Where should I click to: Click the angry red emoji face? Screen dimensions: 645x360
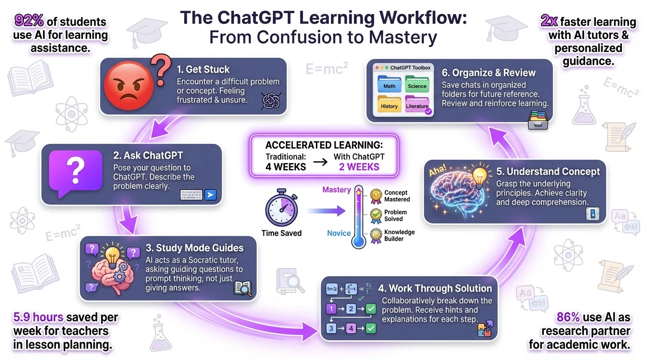click(128, 85)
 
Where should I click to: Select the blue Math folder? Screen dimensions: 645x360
click(390, 84)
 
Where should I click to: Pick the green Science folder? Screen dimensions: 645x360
click(417, 84)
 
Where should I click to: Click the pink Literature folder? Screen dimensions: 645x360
click(417, 104)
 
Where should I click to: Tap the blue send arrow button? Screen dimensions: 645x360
click(210, 195)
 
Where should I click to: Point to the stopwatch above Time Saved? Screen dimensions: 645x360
click(282, 208)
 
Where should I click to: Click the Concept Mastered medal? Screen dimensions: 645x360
click(376, 196)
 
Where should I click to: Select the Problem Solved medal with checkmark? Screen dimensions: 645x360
click(376, 216)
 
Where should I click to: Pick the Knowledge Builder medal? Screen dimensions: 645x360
click(376, 236)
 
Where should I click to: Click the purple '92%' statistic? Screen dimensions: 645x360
click(29, 21)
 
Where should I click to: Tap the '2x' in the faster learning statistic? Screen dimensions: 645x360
click(549, 21)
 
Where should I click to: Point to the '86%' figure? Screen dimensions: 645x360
click(568, 317)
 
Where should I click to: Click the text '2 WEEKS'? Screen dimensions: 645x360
click(359, 167)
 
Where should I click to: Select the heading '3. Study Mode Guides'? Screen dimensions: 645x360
click(195, 247)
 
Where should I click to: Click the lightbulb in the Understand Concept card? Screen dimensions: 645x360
click(479, 176)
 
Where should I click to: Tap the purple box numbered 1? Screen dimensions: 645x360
click(331, 309)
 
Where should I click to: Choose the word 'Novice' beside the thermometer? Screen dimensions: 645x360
click(338, 233)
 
